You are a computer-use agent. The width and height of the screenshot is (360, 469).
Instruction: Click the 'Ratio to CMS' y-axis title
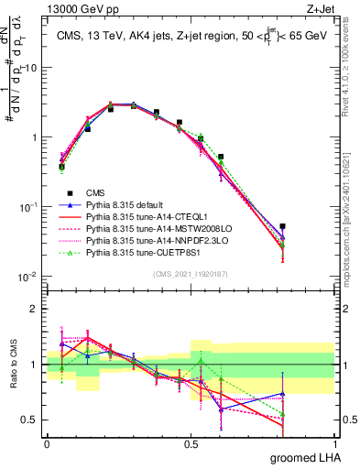[x=12, y=364]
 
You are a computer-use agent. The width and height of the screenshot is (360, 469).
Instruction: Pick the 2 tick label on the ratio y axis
[x=34, y=307]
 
